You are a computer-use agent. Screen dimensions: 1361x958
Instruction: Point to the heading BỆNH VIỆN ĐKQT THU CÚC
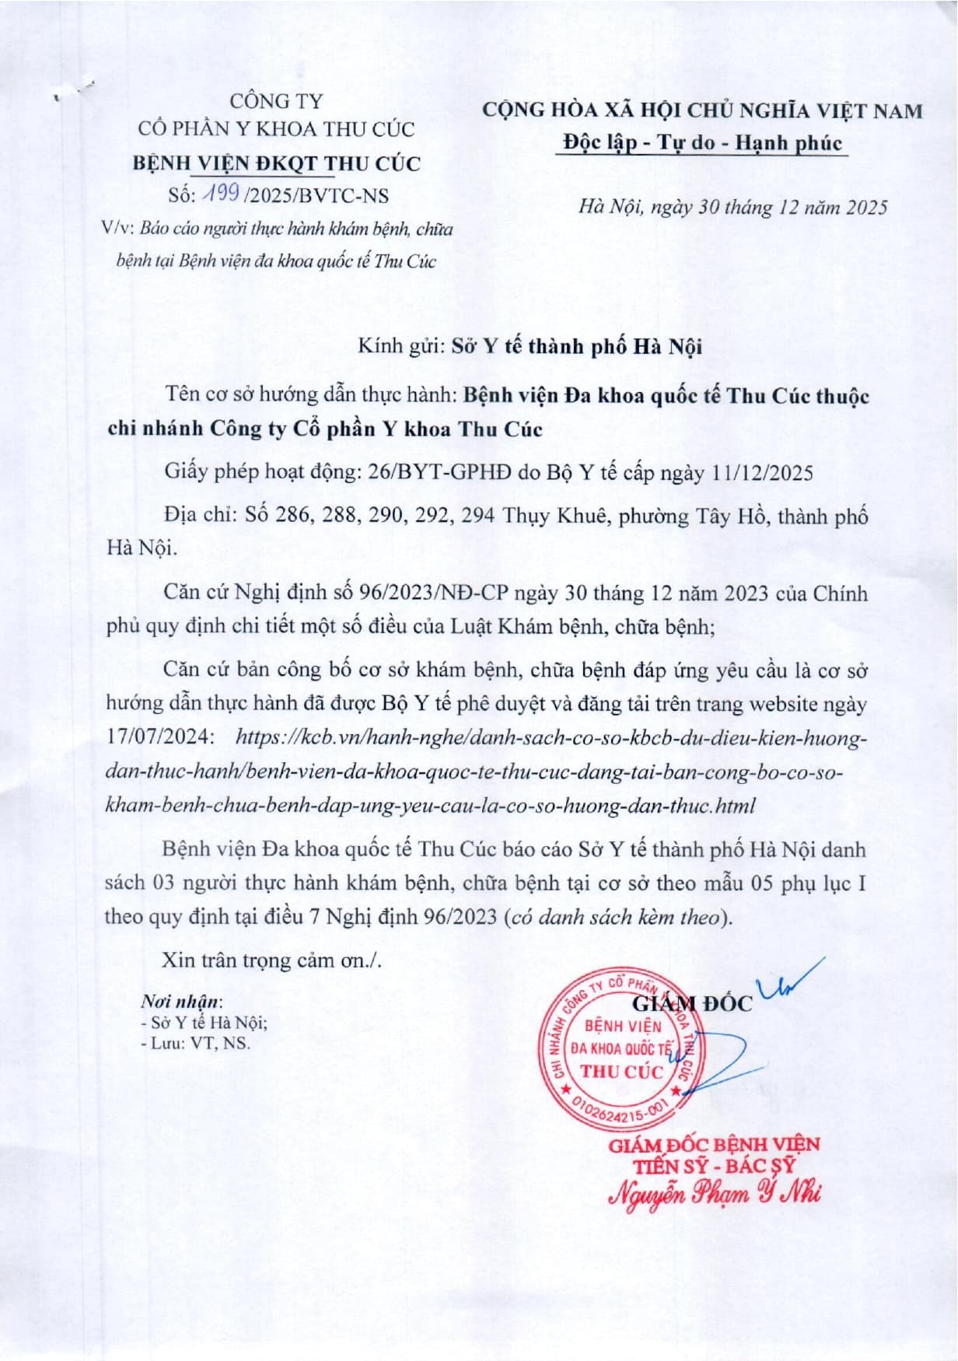tap(276, 163)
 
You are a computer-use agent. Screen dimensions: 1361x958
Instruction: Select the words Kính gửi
tap(400, 346)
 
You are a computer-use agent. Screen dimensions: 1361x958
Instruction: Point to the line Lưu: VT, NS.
tap(196, 1043)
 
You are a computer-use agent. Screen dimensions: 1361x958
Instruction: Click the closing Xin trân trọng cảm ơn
tap(271, 960)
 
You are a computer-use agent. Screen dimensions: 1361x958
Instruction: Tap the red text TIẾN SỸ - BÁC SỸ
tap(714, 1166)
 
